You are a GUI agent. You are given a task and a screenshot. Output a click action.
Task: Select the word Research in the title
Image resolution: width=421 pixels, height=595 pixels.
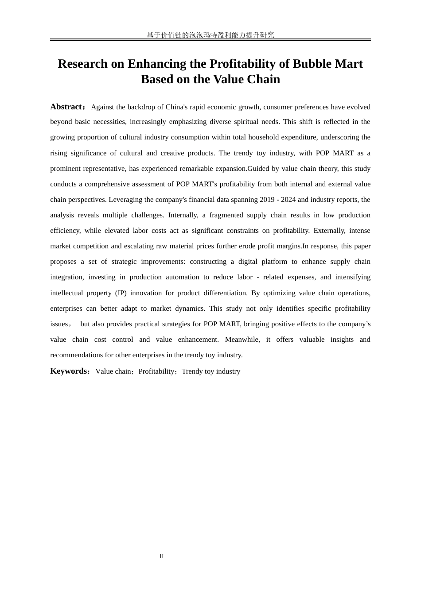[82, 64]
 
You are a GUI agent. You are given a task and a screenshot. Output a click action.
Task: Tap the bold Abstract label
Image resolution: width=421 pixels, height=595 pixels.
[66, 107]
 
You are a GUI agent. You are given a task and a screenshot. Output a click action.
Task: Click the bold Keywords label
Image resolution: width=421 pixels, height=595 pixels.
[69, 371]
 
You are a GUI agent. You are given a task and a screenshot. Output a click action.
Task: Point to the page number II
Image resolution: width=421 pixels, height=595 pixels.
[162, 556]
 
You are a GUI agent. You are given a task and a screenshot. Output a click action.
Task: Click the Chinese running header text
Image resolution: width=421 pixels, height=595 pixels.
[210, 35]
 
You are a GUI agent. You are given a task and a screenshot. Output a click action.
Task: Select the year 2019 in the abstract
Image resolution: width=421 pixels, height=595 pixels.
[267, 200]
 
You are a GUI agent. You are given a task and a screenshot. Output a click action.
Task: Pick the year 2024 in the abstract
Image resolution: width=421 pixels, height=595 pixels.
[288, 200]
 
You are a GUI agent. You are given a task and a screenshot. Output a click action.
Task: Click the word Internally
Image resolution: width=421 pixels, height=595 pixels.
[183, 215]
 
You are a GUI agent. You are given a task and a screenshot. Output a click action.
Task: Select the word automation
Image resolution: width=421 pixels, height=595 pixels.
[183, 277]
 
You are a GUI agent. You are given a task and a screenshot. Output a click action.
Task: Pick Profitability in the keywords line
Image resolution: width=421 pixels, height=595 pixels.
[156, 371]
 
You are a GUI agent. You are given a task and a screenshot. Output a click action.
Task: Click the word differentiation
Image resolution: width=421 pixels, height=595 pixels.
[225, 293]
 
